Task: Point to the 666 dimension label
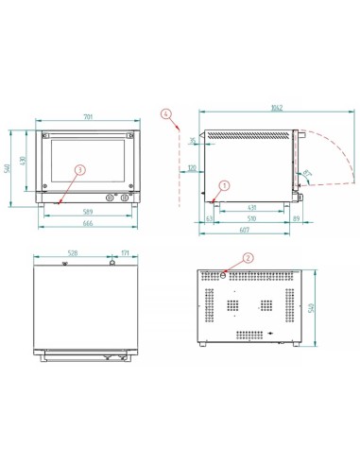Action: (x=88, y=224)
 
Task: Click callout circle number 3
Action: (x=79, y=170)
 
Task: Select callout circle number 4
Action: (x=166, y=114)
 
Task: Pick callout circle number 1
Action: (x=224, y=185)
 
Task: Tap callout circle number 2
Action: (x=249, y=256)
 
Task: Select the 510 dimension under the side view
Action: (x=249, y=218)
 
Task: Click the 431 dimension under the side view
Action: (x=250, y=208)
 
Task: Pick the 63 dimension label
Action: (x=208, y=218)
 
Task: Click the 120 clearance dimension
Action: (x=192, y=169)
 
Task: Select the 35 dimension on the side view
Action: (x=193, y=141)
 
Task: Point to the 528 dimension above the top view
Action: (x=74, y=254)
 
